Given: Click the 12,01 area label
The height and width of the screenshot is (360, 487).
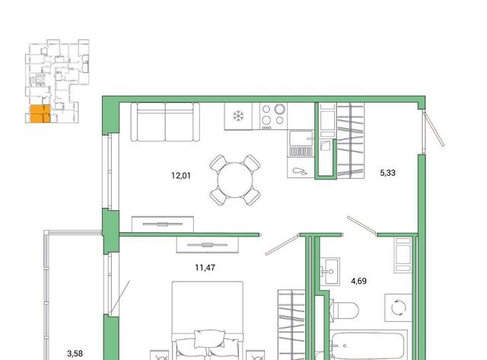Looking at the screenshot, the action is (x=181, y=176).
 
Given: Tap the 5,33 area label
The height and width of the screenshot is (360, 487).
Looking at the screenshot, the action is (x=387, y=173).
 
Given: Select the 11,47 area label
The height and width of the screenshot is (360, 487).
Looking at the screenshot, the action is (x=205, y=267).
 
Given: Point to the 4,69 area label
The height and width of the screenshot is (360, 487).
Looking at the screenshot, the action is (x=358, y=281).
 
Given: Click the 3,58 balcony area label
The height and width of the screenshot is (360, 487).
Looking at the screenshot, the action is (x=75, y=353).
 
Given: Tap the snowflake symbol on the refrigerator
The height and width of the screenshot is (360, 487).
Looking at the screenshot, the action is (x=238, y=116).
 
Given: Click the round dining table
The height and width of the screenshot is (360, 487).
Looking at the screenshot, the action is (x=235, y=180).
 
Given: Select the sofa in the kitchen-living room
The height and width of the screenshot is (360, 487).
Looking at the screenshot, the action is (x=165, y=122).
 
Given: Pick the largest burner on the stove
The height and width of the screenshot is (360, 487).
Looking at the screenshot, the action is (x=279, y=109).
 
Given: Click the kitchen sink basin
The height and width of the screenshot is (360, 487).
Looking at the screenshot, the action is (x=301, y=139).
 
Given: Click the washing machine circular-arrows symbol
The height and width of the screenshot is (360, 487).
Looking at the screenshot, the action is (x=399, y=307).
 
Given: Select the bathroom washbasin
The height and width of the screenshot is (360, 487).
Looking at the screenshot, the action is (x=329, y=271).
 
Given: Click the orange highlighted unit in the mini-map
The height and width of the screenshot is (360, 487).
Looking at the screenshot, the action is (x=40, y=113).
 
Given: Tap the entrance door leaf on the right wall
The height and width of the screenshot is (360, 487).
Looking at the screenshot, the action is (x=434, y=129).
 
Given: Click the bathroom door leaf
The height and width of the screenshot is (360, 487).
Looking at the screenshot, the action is (x=362, y=225).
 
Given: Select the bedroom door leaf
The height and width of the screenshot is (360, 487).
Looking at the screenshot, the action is (x=282, y=245).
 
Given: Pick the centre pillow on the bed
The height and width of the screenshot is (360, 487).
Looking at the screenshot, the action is (x=210, y=339).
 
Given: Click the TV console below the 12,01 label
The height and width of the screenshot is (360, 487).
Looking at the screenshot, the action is (x=163, y=224).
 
